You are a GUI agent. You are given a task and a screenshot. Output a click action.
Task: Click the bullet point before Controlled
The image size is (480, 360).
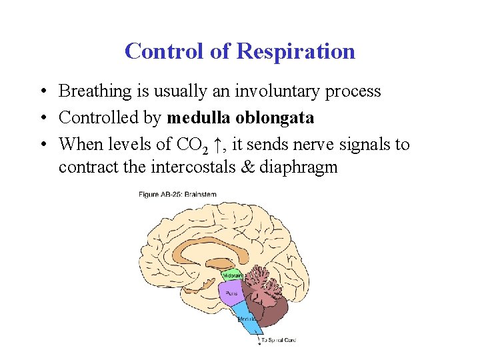[x=42, y=119]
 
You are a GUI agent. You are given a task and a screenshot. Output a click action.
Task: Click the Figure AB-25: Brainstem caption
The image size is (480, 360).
[x=177, y=195]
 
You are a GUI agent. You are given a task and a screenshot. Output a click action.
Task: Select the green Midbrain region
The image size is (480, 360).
[x=232, y=275]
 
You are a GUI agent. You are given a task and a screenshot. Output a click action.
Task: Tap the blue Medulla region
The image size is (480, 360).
[x=246, y=319]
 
